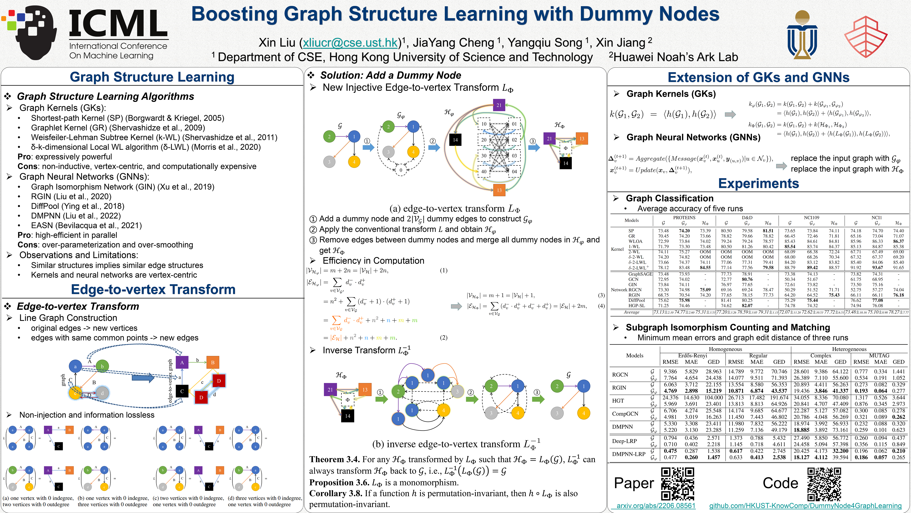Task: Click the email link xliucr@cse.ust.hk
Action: (x=350, y=43)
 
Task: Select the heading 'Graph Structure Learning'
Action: (x=152, y=77)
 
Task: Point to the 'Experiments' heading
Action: (x=759, y=183)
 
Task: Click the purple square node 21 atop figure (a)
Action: (x=499, y=105)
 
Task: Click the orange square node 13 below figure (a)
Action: (x=499, y=190)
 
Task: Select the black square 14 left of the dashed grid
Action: (x=455, y=140)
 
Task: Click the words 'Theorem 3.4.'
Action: (x=334, y=460)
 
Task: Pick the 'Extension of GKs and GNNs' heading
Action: (x=759, y=77)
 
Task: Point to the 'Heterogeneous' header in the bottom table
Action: (x=849, y=349)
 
